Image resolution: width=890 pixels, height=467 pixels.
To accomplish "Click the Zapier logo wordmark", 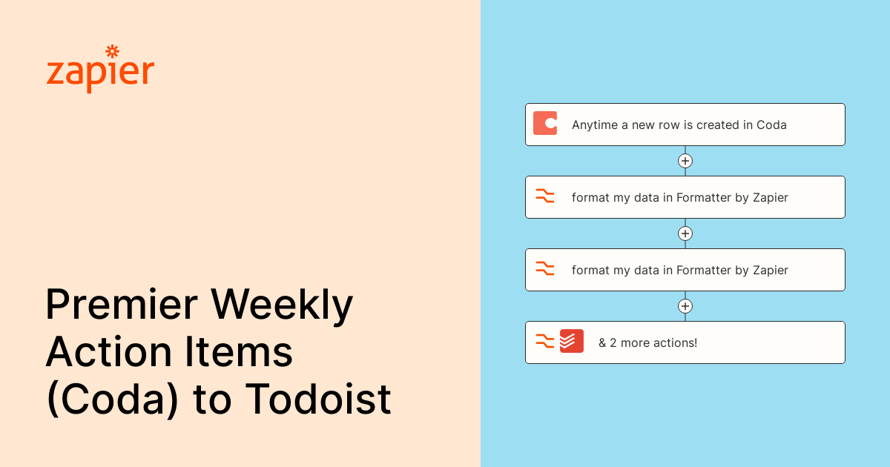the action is point(100,70).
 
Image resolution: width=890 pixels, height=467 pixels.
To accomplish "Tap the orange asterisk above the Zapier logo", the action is point(113,51).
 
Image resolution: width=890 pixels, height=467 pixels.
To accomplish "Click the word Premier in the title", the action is point(122,305).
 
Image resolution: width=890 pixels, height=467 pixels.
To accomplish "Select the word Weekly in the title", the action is point(282,305).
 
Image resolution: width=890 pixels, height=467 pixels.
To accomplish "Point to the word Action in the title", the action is point(109,352).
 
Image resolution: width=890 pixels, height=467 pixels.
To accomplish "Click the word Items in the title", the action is point(239,352).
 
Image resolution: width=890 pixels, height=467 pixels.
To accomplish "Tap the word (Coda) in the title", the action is point(113,400).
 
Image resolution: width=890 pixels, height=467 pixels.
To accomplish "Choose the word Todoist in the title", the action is point(318,399).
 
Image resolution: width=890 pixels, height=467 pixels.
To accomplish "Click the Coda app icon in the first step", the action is point(544,124).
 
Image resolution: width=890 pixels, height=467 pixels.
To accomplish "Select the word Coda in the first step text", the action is point(771,125).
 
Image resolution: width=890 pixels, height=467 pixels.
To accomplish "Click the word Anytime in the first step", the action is point(595,125).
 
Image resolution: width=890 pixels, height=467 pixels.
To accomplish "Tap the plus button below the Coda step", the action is point(685,161).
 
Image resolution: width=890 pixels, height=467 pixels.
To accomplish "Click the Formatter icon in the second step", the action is point(544,196).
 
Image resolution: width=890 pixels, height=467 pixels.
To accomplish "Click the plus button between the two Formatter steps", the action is point(685,233).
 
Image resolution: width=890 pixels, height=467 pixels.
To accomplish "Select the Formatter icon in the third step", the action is point(544,268).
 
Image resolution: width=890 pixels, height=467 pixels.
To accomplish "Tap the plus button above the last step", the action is point(685,306).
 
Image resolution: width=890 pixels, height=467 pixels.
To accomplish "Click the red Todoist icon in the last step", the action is point(571,341).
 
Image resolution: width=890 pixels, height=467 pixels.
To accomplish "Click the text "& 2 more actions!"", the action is point(647,342).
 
